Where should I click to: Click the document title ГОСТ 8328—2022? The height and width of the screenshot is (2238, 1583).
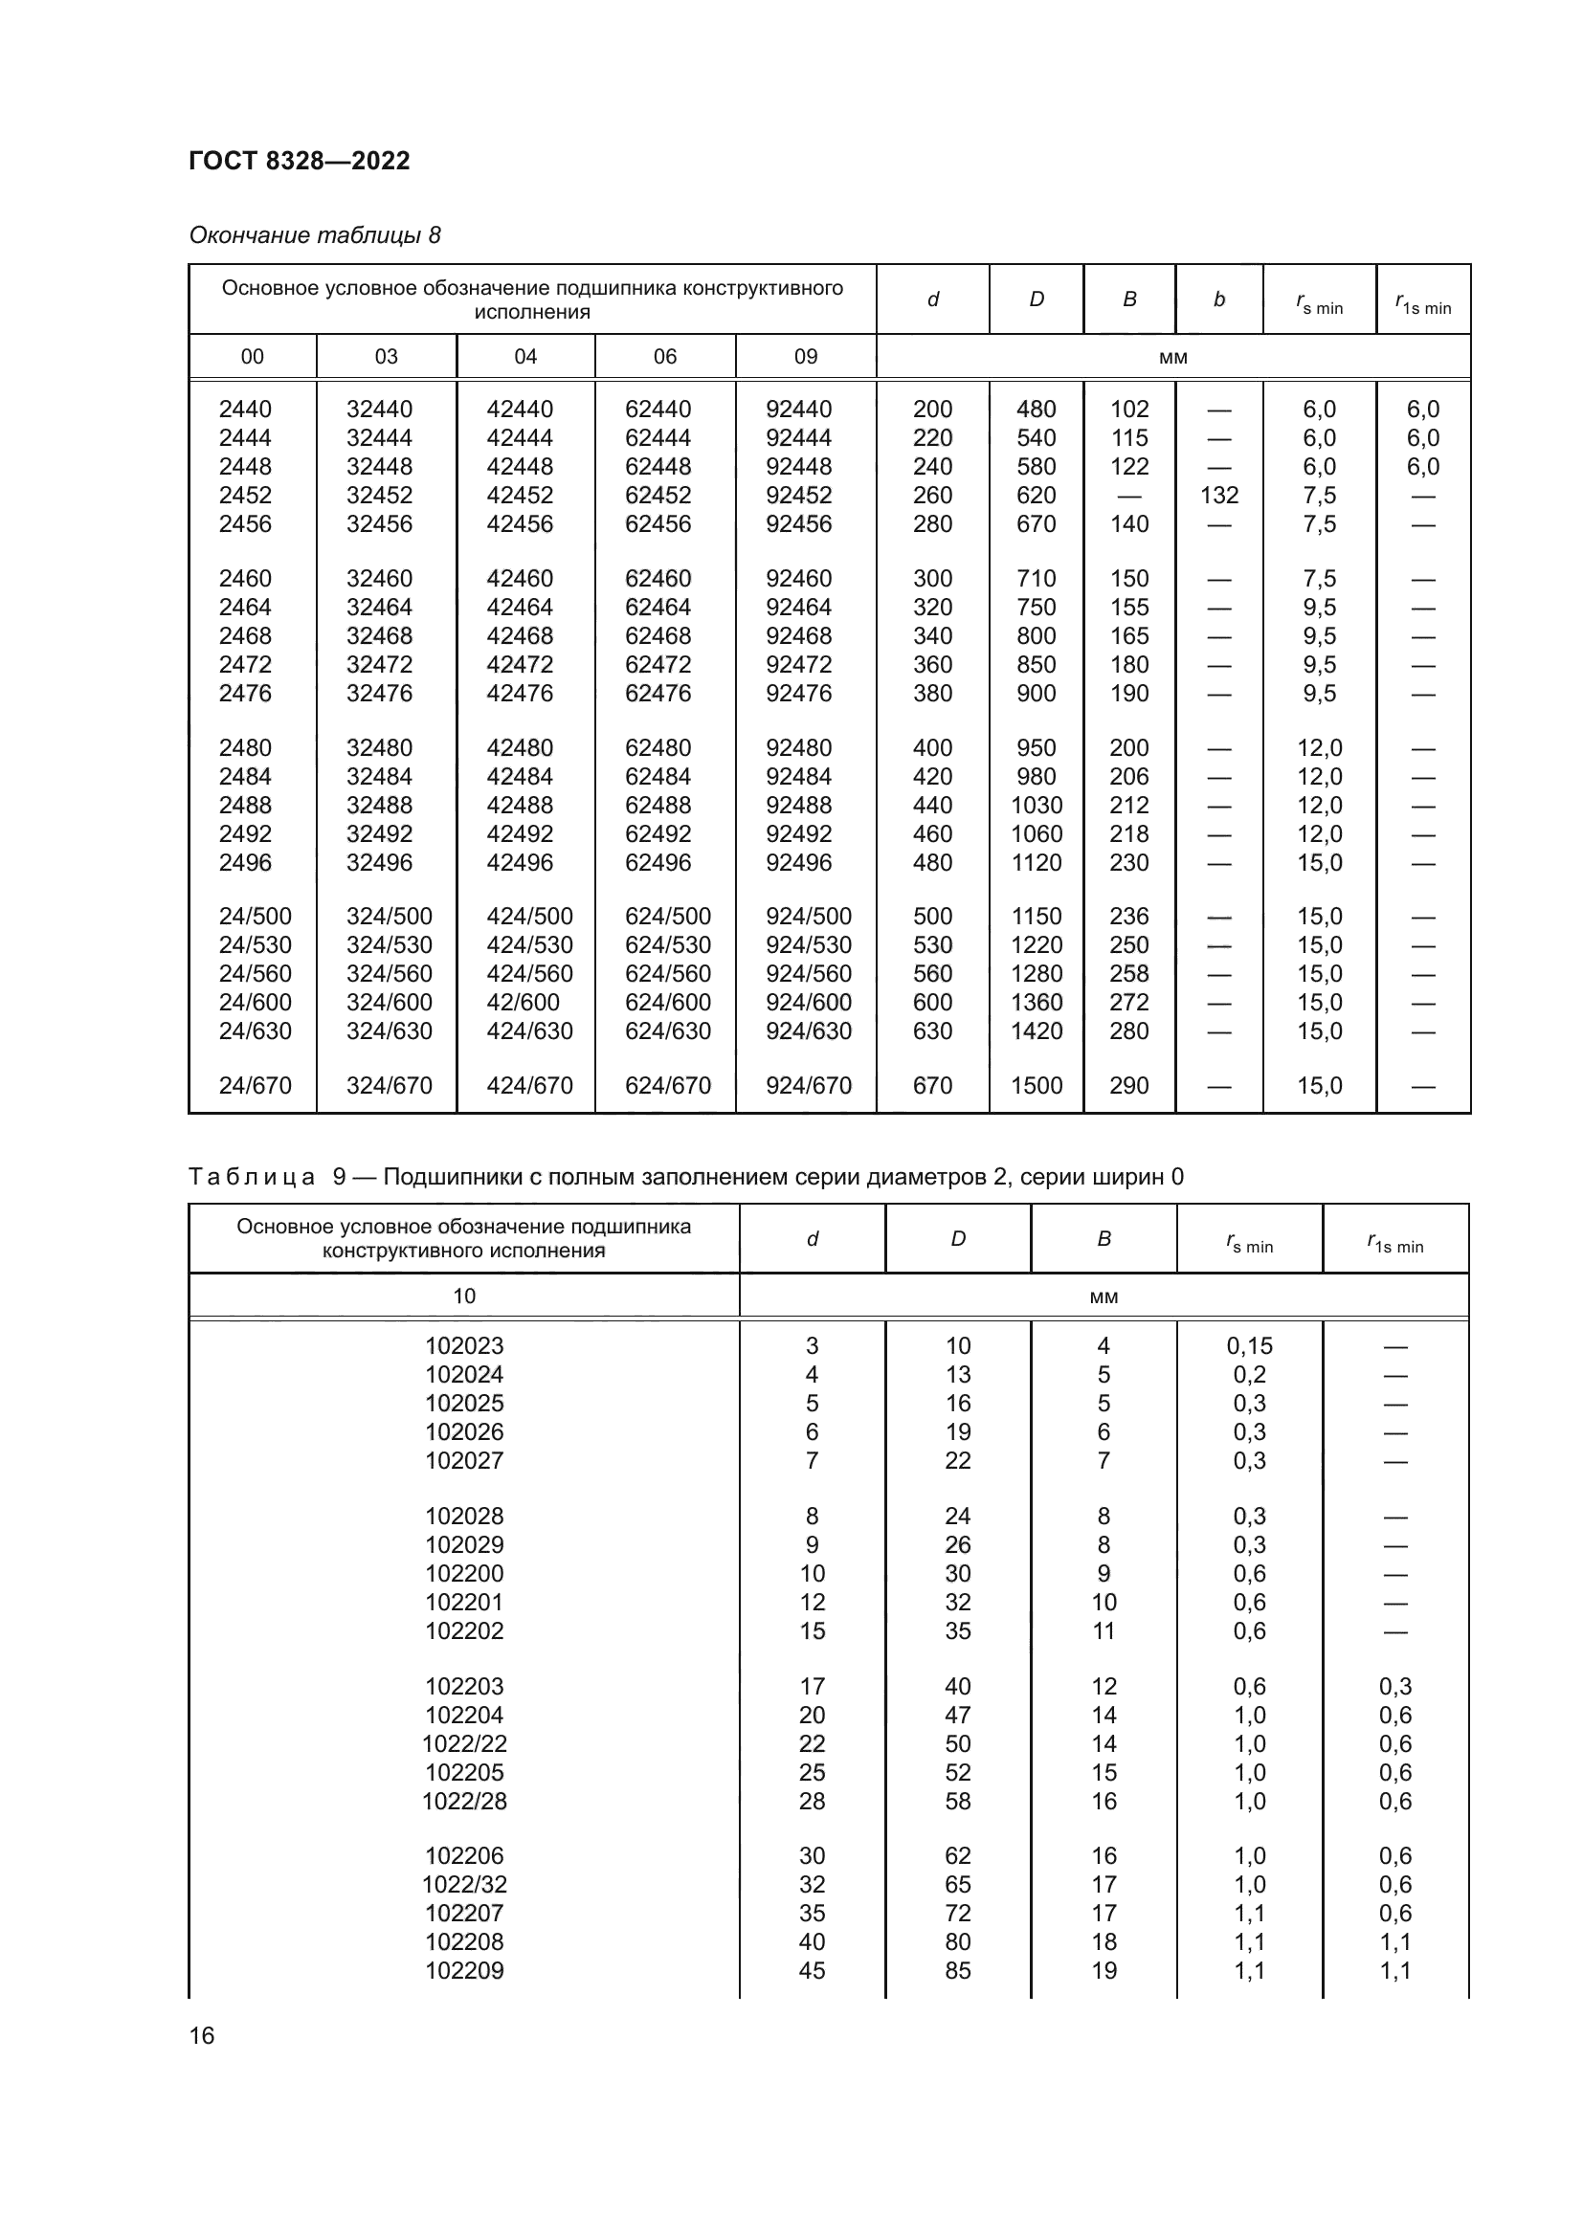[x=300, y=161]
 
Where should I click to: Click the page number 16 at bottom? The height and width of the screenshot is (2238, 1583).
[x=202, y=2035]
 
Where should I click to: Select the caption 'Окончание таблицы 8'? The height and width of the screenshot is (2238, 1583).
[x=314, y=236]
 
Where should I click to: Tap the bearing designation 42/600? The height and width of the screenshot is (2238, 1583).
[x=523, y=1002]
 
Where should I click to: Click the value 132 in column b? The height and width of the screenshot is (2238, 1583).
[x=1218, y=496]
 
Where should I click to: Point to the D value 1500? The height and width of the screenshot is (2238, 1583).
[x=1036, y=1085]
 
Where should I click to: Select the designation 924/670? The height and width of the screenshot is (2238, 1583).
[x=808, y=1085]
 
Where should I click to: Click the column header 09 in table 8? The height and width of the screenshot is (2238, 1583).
[x=805, y=357]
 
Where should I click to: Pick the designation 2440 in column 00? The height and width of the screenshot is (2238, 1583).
[x=245, y=410]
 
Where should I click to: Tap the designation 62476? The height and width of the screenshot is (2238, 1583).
[x=658, y=693]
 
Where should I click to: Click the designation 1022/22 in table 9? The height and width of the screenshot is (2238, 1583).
[x=464, y=1744]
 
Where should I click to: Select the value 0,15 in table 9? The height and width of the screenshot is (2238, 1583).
[x=1249, y=1346]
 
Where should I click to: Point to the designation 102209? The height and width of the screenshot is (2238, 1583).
[x=464, y=1971]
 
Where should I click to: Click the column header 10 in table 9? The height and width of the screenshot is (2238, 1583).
[x=464, y=1296]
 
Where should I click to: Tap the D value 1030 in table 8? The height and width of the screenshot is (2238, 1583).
[x=1036, y=805]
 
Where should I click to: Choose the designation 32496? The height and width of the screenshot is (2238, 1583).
[x=379, y=863]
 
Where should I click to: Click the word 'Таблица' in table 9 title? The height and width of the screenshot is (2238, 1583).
[x=252, y=1178]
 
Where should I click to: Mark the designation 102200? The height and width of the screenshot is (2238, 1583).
[x=464, y=1574]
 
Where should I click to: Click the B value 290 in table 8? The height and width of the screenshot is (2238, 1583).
[x=1128, y=1085]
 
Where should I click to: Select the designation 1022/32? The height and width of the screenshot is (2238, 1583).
[x=464, y=1885]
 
